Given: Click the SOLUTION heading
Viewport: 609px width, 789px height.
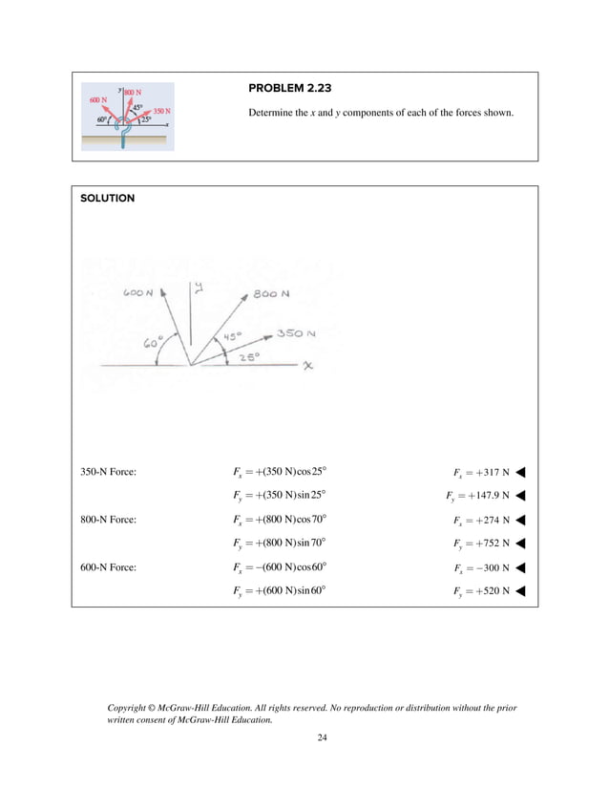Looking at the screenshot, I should [x=108, y=199].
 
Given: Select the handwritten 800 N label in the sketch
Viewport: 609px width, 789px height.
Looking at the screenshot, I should [x=272, y=294].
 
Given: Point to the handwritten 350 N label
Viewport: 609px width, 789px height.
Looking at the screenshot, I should [x=296, y=333].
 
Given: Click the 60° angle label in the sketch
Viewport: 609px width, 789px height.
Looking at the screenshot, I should [x=154, y=343].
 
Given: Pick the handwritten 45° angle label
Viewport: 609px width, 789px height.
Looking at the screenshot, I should [x=233, y=337].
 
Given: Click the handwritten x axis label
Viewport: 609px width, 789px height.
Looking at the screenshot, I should [x=308, y=367].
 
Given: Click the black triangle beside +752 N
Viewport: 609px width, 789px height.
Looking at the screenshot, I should [x=521, y=544].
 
